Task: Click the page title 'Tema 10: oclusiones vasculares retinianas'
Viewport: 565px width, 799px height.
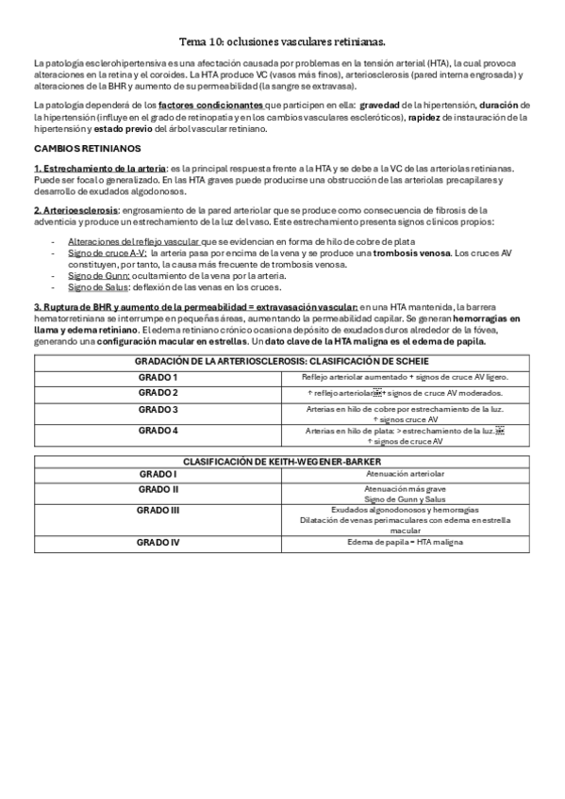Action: (282, 42)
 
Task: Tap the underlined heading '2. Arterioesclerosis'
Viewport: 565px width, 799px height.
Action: (75, 209)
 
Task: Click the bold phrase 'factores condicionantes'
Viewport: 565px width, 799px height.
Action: (210, 105)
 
